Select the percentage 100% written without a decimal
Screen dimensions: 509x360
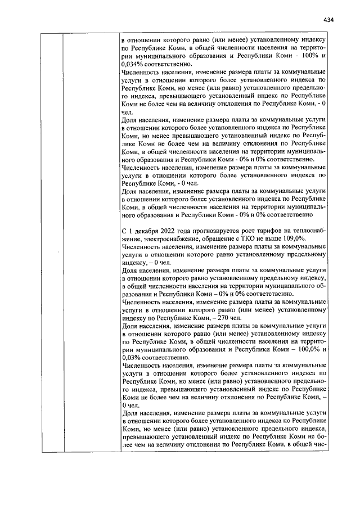click(313, 56)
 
